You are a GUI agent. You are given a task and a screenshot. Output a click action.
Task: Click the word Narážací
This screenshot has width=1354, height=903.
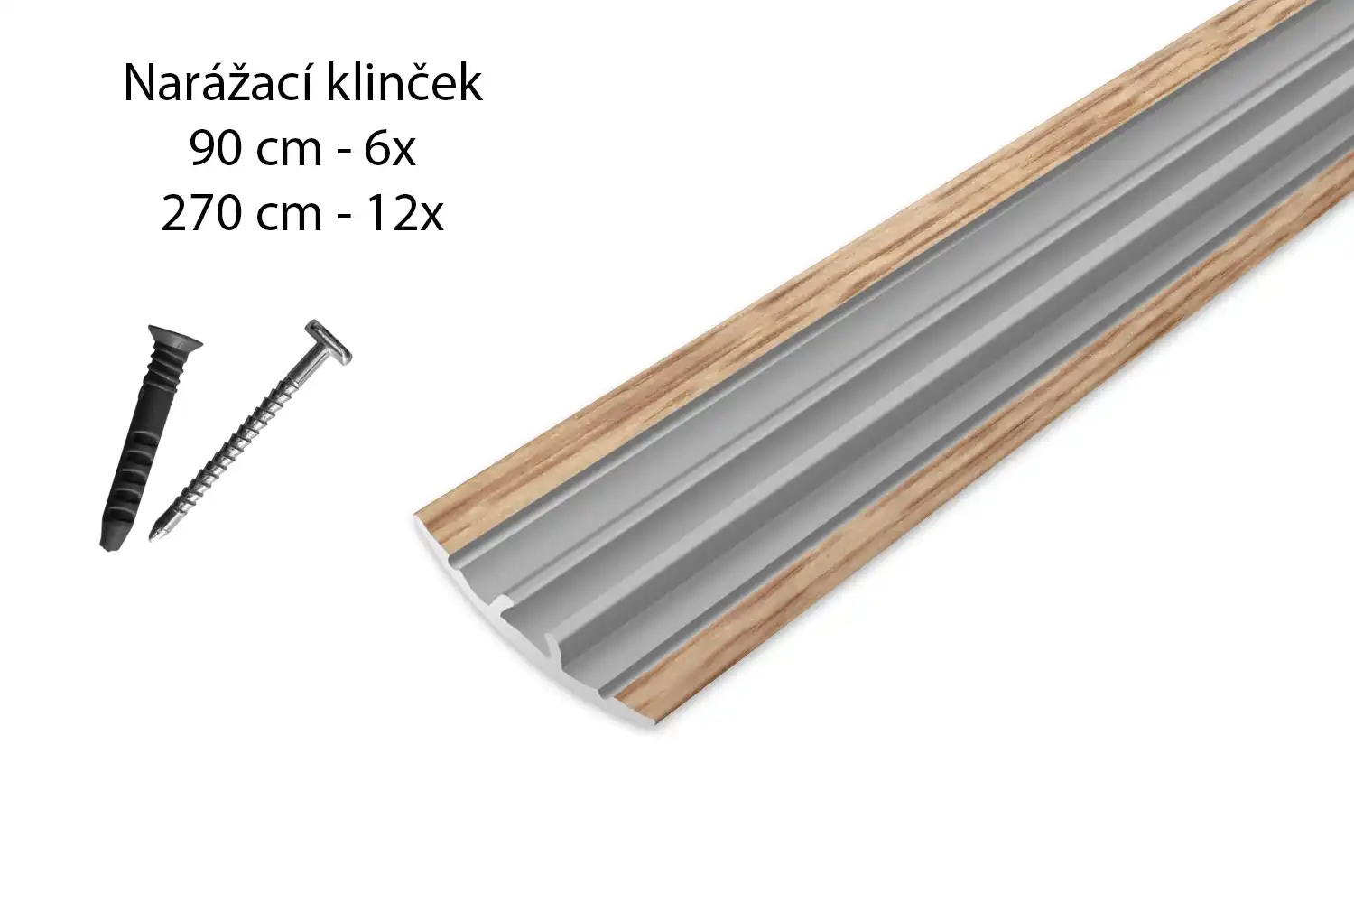click(x=218, y=83)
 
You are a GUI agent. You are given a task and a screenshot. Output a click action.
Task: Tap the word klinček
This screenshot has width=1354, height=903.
click(x=403, y=82)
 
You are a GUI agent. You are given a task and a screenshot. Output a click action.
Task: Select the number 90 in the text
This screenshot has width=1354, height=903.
click(x=216, y=149)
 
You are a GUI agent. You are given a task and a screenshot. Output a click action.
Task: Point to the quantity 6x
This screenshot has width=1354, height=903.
click(x=390, y=149)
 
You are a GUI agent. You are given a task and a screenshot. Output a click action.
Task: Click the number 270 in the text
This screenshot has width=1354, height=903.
click(x=202, y=214)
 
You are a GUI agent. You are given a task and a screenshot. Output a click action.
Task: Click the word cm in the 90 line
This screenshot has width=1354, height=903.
click(x=289, y=153)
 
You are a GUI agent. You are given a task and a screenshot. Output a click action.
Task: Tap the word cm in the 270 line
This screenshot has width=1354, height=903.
click(x=289, y=218)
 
